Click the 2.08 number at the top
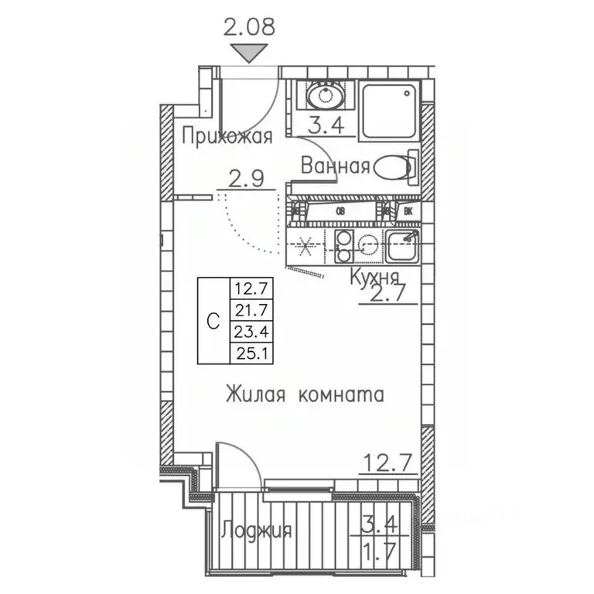(x=249, y=29)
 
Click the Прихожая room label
(x=227, y=138)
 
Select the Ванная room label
(x=335, y=166)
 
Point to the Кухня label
(x=374, y=278)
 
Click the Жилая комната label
(x=305, y=396)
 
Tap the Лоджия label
(x=256, y=531)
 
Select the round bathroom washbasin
(x=325, y=96)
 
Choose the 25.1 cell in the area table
(x=248, y=353)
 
